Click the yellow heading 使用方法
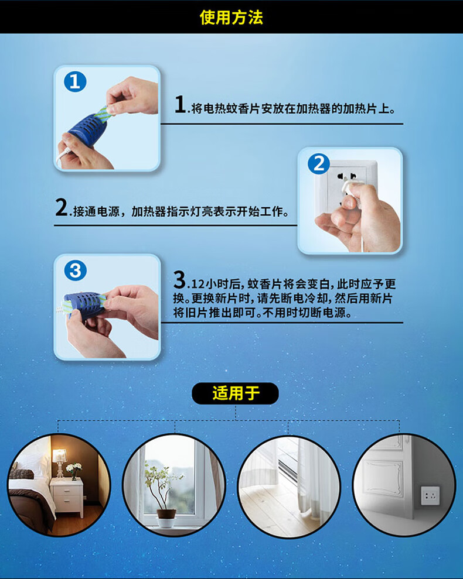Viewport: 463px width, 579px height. click(x=231, y=18)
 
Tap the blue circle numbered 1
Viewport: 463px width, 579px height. click(x=75, y=81)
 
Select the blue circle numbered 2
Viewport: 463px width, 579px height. click(x=319, y=164)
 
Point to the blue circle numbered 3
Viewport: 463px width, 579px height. click(x=76, y=270)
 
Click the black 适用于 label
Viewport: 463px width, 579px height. click(x=235, y=393)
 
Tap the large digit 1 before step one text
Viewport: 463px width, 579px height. click(x=181, y=104)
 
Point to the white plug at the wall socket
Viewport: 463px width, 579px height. click(x=349, y=189)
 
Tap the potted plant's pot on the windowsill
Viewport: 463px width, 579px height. click(x=166, y=518)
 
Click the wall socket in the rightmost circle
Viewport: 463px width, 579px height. click(x=430, y=495)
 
